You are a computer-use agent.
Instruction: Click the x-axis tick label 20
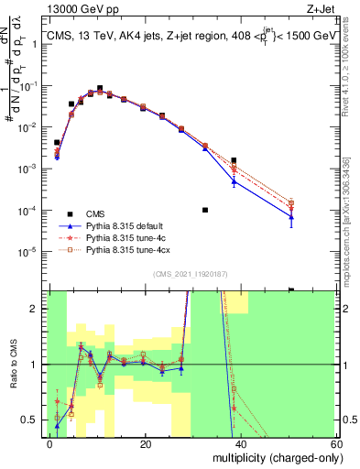click(x=146, y=443)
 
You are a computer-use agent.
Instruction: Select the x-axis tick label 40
click(x=242, y=443)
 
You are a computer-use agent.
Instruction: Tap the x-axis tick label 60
click(x=336, y=443)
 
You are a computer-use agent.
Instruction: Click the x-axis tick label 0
click(x=50, y=443)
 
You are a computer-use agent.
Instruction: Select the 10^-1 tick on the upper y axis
click(x=31, y=85)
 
